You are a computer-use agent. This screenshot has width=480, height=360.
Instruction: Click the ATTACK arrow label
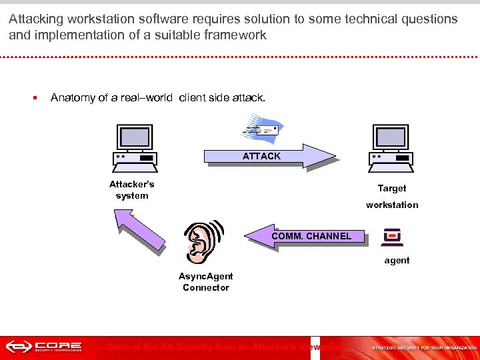[261, 156]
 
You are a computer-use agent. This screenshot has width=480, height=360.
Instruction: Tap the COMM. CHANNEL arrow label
[311, 236]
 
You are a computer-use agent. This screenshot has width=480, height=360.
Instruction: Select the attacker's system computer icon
[134, 145]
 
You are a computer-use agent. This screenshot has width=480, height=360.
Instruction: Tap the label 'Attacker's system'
[132, 190]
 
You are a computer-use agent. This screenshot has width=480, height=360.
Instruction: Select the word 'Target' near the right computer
[392, 189]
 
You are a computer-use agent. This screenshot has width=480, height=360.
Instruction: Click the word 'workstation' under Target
[392, 205]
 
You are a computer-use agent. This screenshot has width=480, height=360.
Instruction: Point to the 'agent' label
[397, 261]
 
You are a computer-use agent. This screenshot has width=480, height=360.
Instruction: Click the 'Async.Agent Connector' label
[205, 282]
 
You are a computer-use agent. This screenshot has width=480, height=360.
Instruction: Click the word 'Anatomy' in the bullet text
[73, 98]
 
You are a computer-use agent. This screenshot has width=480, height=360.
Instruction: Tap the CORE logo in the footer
[44, 347]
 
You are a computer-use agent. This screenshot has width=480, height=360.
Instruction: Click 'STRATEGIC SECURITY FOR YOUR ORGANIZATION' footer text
[424, 348]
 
